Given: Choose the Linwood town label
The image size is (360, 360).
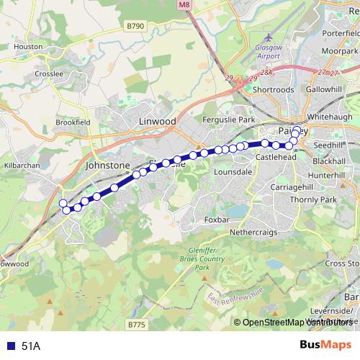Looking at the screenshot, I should [x=157, y=122].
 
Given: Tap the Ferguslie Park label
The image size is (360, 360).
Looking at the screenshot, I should [x=230, y=119].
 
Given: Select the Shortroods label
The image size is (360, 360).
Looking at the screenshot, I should [x=274, y=90].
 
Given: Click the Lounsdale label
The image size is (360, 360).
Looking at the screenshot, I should [x=233, y=173].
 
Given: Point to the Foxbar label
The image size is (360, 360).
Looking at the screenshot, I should [x=217, y=220].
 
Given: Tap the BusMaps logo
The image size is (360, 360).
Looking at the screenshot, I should [x=327, y=346].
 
